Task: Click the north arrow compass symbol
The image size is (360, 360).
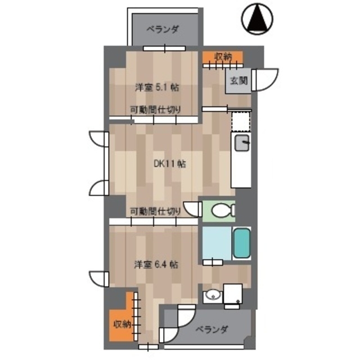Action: tap(257, 19)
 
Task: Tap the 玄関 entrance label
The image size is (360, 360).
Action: tap(238, 80)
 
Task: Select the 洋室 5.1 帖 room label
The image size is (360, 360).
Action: tap(157, 88)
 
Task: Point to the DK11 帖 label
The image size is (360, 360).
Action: tap(170, 164)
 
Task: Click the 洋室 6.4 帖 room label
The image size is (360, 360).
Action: tap(156, 264)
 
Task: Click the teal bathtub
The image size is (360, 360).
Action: tap(241, 243)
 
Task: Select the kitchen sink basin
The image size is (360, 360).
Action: tap(242, 143)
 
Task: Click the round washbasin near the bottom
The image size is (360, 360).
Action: tap(213, 295)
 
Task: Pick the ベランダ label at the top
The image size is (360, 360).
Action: tap(163, 30)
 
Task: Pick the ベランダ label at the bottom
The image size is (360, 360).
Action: tap(212, 330)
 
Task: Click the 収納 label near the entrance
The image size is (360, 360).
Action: tap(223, 56)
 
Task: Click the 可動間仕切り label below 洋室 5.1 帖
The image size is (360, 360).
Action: tap(155, 110)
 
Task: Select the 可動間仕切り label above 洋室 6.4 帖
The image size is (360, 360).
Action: tap(155, 211)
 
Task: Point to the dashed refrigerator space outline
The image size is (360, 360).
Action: tap(241, 121)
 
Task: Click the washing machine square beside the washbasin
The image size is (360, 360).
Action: tap(233, 294)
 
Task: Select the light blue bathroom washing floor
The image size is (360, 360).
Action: tap(217, 244)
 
